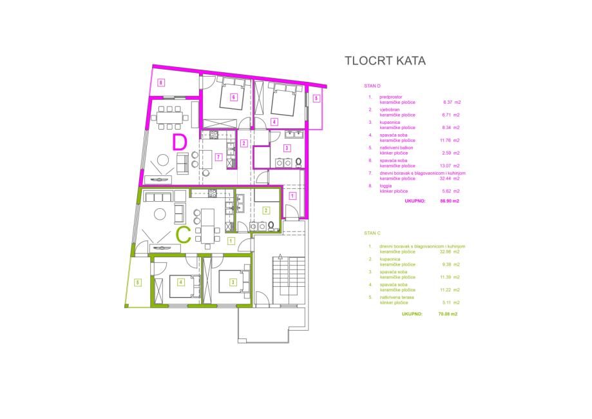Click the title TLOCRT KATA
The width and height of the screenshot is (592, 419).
coord(385,62)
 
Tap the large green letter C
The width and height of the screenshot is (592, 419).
coord(184,235)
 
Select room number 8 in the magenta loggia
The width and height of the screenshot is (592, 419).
coord(162,82)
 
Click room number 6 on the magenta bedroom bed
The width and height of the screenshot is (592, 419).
coord(233,97)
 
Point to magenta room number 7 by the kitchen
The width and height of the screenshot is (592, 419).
coord(219,157)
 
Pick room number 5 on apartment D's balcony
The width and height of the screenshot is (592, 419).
coord(316,99)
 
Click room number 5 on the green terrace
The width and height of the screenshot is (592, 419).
coord(138,282)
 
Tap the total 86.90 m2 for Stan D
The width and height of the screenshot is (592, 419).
coord(449,201)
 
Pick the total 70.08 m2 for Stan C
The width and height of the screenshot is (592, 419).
coord(448,313)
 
